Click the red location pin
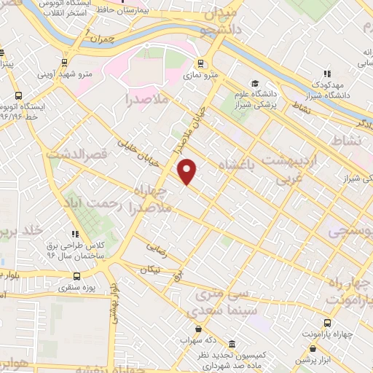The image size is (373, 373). (188, 171)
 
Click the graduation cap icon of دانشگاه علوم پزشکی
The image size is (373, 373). (254, 84)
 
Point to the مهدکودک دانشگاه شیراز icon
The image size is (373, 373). (326, 73)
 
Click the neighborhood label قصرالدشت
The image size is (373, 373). (76, 154)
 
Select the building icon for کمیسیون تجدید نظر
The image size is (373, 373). (232, 343)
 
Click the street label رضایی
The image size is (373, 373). (156, 248)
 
